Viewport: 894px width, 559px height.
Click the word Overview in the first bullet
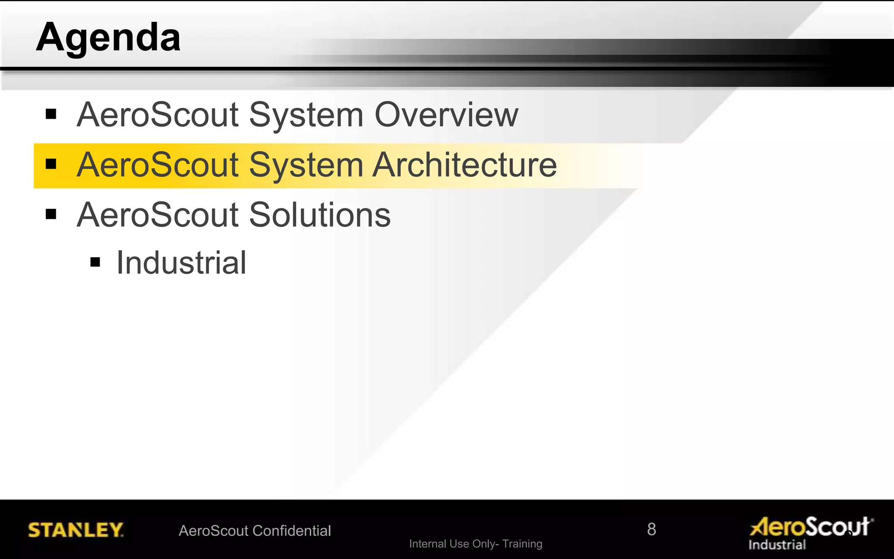tap(446, 115)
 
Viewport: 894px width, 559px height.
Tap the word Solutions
tap(320, 215)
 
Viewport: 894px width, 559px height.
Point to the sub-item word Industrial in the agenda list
tap(181, 263)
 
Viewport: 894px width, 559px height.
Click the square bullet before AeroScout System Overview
tap(51, 114)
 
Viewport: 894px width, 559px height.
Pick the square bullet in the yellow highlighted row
tap(51, 164)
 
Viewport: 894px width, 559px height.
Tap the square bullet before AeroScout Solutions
tap(51, 214)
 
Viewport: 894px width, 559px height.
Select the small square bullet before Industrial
tap(95, 262)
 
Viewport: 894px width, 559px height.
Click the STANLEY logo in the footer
tap(76, 530)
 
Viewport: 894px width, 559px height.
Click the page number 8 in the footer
tap(651, 529)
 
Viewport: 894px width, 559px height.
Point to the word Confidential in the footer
tap(292, 531)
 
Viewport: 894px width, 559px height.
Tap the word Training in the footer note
tap(522, 544)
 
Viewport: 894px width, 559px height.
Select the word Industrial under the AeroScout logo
tap(777, 545)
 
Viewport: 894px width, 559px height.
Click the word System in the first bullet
tap(306, 115)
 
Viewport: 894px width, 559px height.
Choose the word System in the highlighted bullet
tap(306, 165)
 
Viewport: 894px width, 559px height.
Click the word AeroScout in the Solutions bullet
tap(158, 215)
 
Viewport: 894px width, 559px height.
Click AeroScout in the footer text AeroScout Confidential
tap(213, 531)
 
